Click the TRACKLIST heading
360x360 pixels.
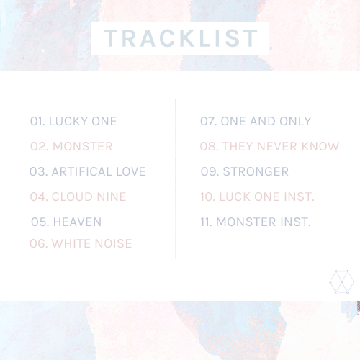(x=181, y=38)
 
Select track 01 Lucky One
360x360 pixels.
(x=73, y=121)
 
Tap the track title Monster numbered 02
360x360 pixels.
(x=71, y=146)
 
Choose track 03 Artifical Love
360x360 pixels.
(x=88, y=171)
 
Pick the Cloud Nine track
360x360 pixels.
(x=78, y=197)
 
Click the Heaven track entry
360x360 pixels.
(x=66, y=222)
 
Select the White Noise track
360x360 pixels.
(x=81, y=243)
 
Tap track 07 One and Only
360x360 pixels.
(x=256, y=121)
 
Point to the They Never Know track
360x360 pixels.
(x=269, y=146)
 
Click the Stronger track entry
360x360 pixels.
(x=245, y=171)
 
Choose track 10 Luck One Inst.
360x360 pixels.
(x=257, y=197)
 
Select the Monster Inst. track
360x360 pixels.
(x=256, y=222)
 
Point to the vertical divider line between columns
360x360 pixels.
(x=176, y=179)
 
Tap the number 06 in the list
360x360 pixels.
(x=38, y=243)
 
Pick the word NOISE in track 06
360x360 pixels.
(x=114, y=243)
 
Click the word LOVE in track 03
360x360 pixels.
(x=131, y=171)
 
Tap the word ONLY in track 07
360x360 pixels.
(x=295, y=121)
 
